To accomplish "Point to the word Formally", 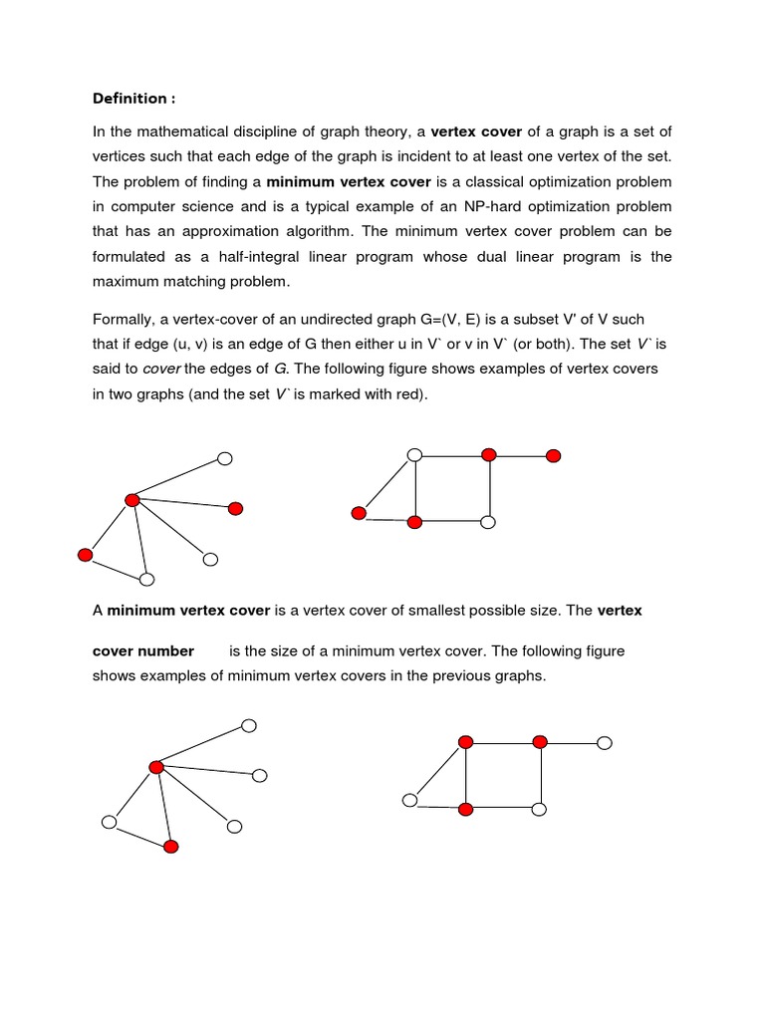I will coord(125,320).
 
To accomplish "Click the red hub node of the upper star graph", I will coord(131,500).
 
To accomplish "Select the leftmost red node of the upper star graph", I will coord(85,555).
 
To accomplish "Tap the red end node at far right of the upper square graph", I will coord(554,456).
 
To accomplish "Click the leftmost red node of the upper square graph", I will coord(359,513).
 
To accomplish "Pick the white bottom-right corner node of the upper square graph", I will coord(488,522).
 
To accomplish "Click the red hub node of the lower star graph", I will coord(155,767).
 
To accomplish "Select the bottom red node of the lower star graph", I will coord(170,847).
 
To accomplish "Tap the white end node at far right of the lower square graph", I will coord(605,743).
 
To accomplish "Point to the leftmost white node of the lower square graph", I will coord(409,800).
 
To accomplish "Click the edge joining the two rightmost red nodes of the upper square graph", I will coord(521,456).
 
